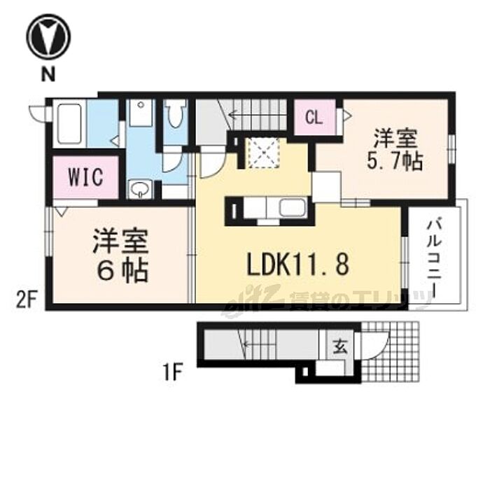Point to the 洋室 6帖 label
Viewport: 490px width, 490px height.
[119, 257]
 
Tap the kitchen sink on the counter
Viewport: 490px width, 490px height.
[291, 209]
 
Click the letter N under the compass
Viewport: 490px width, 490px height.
[48, 72]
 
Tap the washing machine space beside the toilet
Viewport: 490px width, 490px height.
[141, 115]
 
